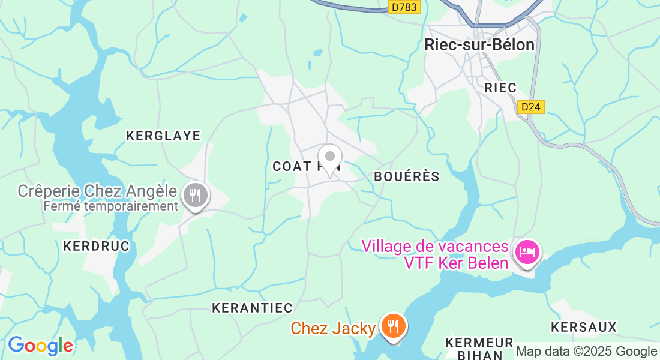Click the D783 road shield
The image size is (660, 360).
[x=404, y=7]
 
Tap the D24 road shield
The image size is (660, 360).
[x=530, y=107]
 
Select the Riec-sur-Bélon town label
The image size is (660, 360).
[x=479, y=44]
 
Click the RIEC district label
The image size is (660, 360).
[x=500, y=88]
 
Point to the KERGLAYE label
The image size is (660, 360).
[x=163, y=136]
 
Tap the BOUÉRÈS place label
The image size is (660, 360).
[x=407, y=176]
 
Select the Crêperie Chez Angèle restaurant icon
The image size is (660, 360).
[x=195, y=196]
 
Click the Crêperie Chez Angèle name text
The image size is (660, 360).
[x=97, y=191]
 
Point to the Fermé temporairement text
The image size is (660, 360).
[x=111, y=206]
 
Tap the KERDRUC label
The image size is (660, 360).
[x=96, y=246]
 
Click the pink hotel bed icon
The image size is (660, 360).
[x=527, y=251]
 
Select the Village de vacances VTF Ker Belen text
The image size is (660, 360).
[x=436, y=254]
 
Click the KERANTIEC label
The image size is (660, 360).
[x=252, y=308]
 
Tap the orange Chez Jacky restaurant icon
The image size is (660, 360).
[x=393, y=326]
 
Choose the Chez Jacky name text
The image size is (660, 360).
[x=334, y=328]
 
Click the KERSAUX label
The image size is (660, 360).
[x=584, y=327]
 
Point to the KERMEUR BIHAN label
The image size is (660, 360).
[x=479, y=348]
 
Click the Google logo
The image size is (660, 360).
[x=40, y=346]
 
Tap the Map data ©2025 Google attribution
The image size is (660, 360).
[x=587, y=352]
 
